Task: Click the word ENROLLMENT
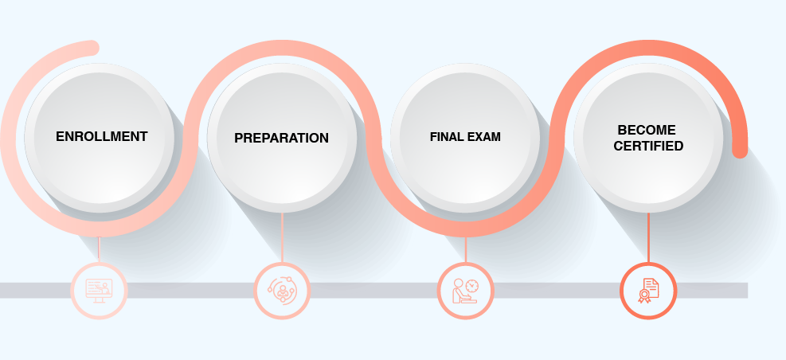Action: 101,136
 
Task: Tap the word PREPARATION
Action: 281,138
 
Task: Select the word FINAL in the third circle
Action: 443,137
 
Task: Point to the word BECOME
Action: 647,130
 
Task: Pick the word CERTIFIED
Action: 648,146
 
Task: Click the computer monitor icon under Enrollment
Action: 99,290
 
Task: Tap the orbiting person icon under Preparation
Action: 282,290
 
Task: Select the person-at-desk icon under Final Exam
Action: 465,291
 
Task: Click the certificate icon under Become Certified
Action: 648,291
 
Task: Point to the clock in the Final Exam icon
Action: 471,286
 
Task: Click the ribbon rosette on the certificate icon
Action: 643,296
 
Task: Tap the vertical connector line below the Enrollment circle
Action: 99,248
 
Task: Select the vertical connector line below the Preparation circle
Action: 282,237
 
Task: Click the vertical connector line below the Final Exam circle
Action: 465,249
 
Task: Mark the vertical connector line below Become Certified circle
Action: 648,237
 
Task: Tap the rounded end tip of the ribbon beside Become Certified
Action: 740,151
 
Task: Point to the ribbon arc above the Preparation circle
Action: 282,48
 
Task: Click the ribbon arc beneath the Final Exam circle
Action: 465,229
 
